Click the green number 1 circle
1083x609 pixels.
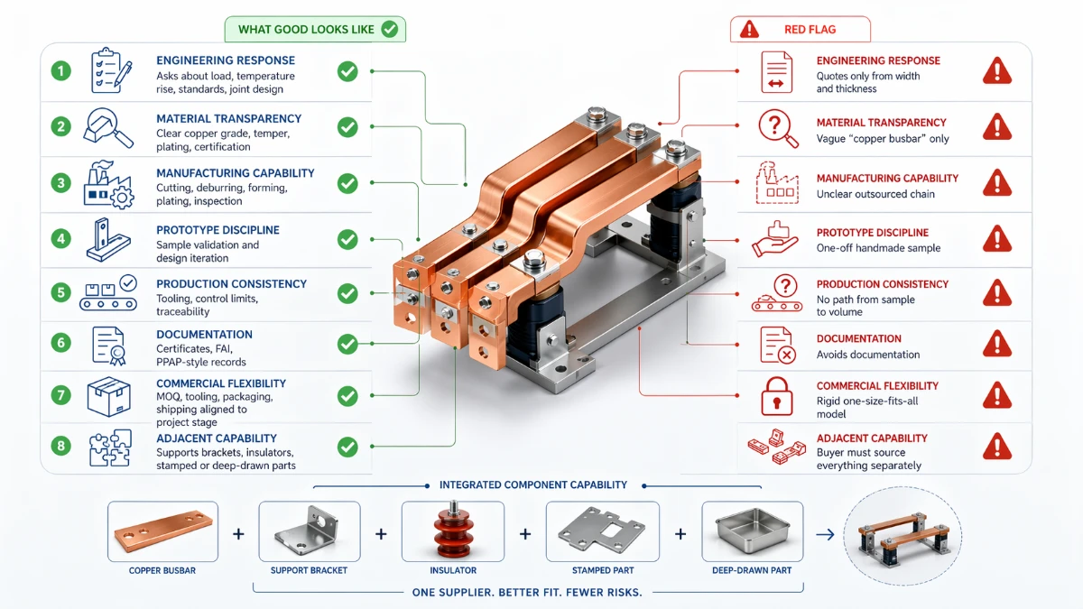(x=60, y=70)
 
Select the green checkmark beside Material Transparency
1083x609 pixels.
(x=347, y=127)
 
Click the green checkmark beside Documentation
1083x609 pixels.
(x=347, y=343)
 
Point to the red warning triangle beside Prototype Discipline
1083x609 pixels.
(x=996, y=238)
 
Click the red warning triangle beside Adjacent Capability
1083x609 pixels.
(x=996, y=446)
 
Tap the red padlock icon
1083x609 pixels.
(x=775, y=395)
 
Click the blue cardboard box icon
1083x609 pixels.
(x=108, y=396)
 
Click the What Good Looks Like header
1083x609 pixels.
(x=315, y=29)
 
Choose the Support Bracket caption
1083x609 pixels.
(x=309, y=571)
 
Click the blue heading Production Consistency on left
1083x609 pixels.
(x=231, y=283)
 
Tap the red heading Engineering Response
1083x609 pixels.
(x=878, y=60)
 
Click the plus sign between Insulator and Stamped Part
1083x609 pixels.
(x=525, y=534)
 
